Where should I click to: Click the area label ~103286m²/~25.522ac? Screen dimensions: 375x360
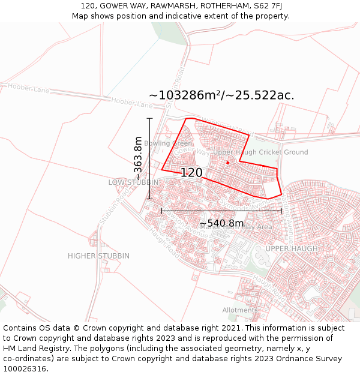point(221,95)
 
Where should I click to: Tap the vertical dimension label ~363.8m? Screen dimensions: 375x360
point(139,159)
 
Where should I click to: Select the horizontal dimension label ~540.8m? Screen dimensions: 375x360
point(221,223)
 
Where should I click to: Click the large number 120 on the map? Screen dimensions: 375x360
point(191,173)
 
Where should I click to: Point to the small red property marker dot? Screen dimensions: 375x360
point(227,163)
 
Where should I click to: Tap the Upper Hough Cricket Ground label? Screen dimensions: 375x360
point(260,152)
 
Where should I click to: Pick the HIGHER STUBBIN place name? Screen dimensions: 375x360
point(98,256)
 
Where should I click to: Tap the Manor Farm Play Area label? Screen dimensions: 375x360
point(236,227)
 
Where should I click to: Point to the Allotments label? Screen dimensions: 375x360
point(240,310)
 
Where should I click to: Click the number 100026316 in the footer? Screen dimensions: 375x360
point(25,369)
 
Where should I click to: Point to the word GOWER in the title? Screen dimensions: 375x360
point(114,6)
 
